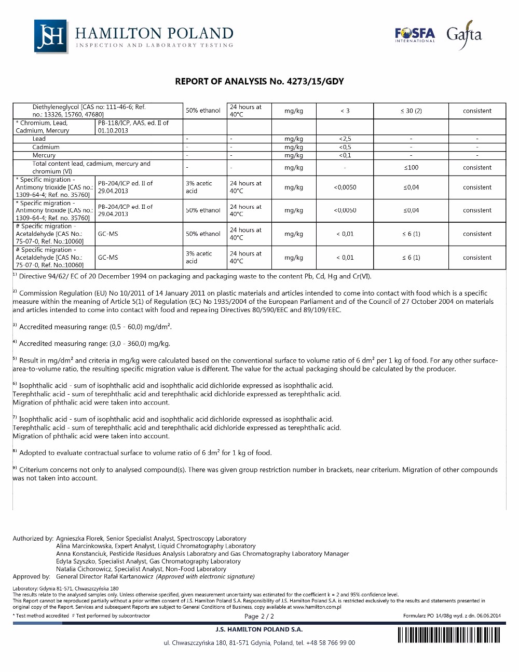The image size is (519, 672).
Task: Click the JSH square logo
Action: pyautogui.click(x=51, y=36)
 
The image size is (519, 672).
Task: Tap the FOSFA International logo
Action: pyautogui.click(x=415, y=35)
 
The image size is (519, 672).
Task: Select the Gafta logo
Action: pyautogui.click(x=464, y=35)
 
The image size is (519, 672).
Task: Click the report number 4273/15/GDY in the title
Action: pyautogui.click(x=315, y=82)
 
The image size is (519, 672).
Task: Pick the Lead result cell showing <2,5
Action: pyautogui.click(x=345, y=139)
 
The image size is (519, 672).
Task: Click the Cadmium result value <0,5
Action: pyautogui.click(x=345, y=147)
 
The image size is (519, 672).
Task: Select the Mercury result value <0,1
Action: pyautogui.click(x=345, y=155)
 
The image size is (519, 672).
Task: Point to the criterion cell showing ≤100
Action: pyautogui.click(x=411, y=168)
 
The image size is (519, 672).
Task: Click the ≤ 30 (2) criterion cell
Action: pyautogui.click(x=411, y=111)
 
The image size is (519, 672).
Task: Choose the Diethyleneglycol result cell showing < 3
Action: pyautogui.click(x=345, y=111)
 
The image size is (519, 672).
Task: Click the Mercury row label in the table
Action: pyautogui.click(x=44, y=155)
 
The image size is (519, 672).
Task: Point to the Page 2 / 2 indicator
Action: pyautogui.click(x=259, y=616)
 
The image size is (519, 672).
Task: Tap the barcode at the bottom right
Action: pyautogui.click(x=448, y=635)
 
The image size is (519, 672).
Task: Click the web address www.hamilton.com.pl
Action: pyautogui.click(x=317, y=607)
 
